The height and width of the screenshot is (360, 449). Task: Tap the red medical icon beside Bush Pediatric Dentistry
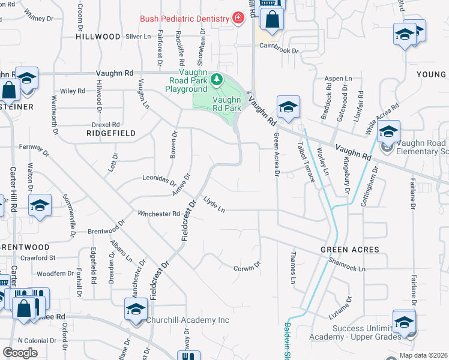point(238,19)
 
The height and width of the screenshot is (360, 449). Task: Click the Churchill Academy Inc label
point(188,320)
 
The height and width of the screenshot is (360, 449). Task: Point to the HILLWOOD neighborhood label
point(98,37)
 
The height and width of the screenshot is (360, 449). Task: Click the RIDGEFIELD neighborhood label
point(111,133)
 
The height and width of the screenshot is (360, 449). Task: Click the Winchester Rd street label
point(158,214)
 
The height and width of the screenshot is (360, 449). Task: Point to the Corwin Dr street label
point(247,266)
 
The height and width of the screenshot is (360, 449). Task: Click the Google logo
point(20,353)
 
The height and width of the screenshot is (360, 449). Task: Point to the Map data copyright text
point(423,356)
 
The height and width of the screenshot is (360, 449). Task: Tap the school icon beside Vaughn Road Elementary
point(388,131)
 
